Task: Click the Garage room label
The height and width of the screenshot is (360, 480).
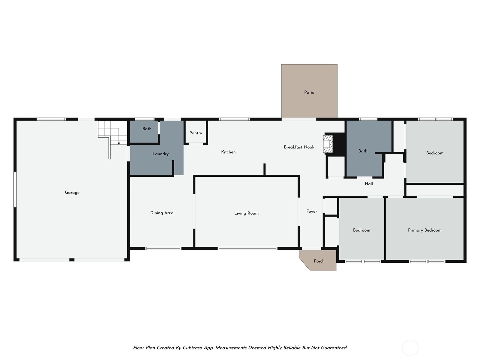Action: click(x=72, y=193)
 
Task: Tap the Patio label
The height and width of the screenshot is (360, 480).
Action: click(x=309, y=92)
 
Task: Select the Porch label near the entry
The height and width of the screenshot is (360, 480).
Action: click(x=319, y=261)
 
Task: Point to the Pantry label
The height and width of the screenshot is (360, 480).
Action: click(x=196, y=133)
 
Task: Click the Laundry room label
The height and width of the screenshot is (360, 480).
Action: click(x=160, y=154)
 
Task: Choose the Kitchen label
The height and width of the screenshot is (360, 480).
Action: click(x=228, y=152)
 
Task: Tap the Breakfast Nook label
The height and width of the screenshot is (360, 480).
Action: click(x=299, y=147)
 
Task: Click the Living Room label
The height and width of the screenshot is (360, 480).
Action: click(x=246, y=213)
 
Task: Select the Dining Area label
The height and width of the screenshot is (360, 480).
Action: click(x=162, y=213)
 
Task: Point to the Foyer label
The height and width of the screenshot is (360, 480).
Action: click(x=312, y=211)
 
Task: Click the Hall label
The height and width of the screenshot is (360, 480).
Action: click(x=369, y=184)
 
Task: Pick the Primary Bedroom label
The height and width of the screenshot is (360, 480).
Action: click(x=425, y=230)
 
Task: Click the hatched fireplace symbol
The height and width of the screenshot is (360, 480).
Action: click(x=328, y=144)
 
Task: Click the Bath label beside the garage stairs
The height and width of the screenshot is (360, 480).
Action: click(x=147, y=129)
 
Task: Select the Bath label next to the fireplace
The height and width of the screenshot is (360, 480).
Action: click(x=363, y=151)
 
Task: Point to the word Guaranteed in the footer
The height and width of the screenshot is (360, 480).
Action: click(x=334, y=348)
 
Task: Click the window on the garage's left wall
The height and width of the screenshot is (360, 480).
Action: click(x=15, y=189)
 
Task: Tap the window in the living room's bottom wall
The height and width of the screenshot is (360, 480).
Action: click(x=247, y=248)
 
